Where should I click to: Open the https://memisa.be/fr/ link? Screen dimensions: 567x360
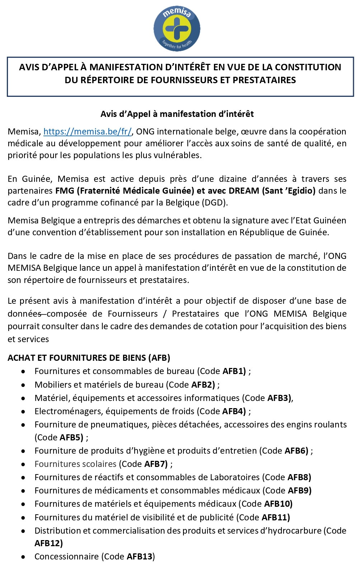coord(88,132)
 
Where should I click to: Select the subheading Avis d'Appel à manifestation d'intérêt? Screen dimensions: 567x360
coord(177,114)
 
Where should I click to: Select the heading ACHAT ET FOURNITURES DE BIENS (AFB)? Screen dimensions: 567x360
coord(89,358)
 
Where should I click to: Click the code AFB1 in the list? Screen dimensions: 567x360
coord(234,371)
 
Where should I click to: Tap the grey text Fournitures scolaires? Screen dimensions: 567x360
coord(75,464)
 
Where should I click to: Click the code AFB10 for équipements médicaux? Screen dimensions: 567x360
coord(278,504)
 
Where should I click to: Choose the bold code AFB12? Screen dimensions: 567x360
coord(48,543)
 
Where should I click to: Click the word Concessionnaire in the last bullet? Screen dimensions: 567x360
coord(66,557)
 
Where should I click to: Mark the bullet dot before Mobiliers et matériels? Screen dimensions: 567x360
coord(23,385)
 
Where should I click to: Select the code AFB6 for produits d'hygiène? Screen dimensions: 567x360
coord(296,451)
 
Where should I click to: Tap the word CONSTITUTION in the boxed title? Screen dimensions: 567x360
coord(308,67)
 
